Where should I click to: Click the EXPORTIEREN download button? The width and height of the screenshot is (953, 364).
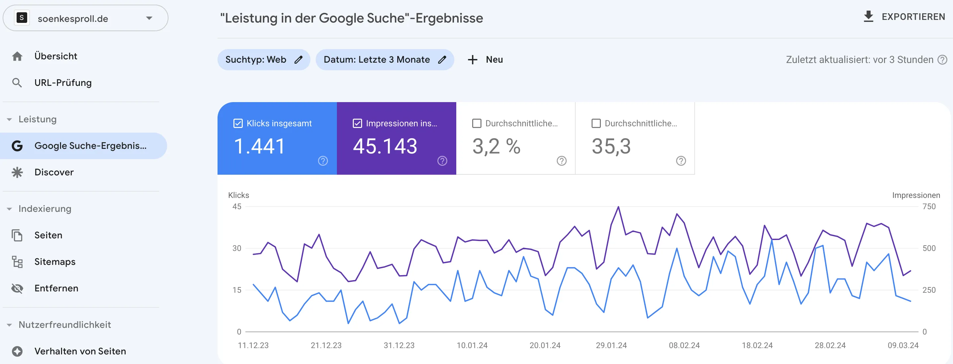click(904, 17)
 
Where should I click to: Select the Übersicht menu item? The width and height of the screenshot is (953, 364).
click(55, 56)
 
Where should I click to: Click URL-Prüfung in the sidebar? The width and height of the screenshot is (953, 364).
click(63, 83)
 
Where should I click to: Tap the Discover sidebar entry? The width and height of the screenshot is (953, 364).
click(54, 172)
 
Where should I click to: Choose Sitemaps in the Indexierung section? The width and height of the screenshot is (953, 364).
click(54, 262)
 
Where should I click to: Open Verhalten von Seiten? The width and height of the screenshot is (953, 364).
click(80, 351)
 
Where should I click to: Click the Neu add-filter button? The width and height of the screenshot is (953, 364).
click(485, 60)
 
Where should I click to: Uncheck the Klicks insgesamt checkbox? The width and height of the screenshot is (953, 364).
click(238, 123)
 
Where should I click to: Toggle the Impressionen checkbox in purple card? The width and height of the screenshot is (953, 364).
click(357, 123)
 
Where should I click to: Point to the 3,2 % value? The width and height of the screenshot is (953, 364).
click(496, 146)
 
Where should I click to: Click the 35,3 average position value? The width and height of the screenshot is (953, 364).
click(611, 146)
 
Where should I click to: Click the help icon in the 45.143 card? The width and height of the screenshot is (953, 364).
click(442, 161)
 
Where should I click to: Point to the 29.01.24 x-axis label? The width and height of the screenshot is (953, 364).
click(611, 345)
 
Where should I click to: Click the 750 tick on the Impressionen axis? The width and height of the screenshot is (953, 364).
click(928, 207)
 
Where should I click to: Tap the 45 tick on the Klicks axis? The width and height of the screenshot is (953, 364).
click(237, 207)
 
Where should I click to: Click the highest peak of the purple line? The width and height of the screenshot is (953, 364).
click(618, 207)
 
